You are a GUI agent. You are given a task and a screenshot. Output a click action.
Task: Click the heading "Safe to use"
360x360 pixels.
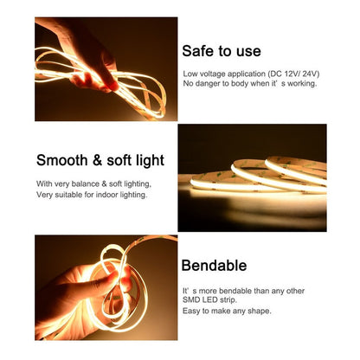(222, 51)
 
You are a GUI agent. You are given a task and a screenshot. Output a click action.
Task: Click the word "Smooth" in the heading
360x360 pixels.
(62, 160)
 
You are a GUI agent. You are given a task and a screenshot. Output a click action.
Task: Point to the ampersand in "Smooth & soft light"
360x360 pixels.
(97, 160)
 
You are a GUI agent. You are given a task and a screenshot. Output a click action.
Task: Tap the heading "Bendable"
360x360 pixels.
(214, 266)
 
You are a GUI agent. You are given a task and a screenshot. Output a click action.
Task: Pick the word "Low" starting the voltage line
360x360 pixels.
(190, 74)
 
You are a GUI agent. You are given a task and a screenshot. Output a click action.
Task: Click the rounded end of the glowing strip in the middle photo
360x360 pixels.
(193, 183)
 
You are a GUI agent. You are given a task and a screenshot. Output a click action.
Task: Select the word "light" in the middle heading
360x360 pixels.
(149, 160)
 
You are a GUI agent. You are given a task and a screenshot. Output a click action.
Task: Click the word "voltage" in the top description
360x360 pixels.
(213, 74)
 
